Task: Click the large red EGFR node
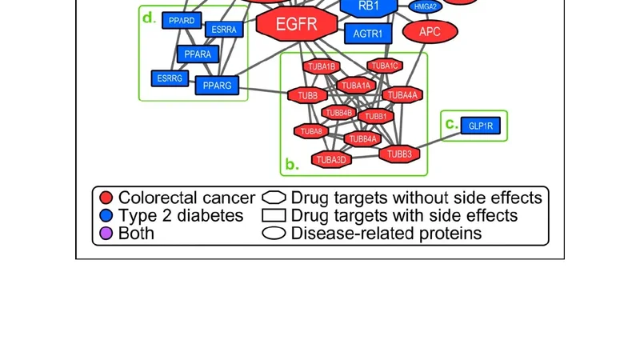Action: coord(296,24)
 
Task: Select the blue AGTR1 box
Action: coord(368,34)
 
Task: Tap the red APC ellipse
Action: coord(430,32)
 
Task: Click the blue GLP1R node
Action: coord(482,126)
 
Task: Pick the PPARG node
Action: coord(217,85)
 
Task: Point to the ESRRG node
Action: coord(170,78)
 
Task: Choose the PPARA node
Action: coord(198,54)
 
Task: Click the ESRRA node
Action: coord(225,30)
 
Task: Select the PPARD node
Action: coord(182,20)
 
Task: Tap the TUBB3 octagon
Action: coord(399,154)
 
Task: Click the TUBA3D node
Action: coord(331,160)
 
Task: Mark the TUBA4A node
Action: coord(402,95)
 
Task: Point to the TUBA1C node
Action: coord(385,66)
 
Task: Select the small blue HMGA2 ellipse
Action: coord(426,6)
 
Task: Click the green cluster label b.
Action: coord(291,166)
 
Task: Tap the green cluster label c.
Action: coord(451,124)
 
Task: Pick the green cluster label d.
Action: coord(148,18)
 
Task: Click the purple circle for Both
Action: coord(106,234)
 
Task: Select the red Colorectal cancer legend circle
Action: coord(106,198)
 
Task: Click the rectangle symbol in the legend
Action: coord(274,216)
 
